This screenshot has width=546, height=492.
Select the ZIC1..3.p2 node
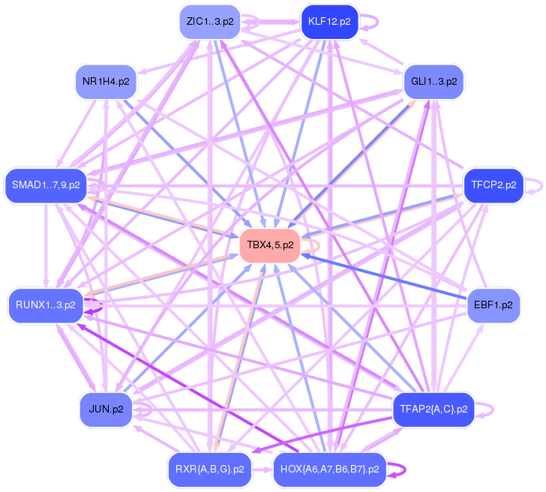click(x=209, y=21)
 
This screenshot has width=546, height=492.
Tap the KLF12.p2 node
click(x=329, y=21)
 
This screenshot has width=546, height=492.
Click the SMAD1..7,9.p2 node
click(x=46, y=184)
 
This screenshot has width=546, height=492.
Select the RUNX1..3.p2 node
click(x=45, y=305)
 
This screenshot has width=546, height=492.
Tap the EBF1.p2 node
click(x=493, y=305)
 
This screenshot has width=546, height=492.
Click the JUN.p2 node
click(x=106, y=409)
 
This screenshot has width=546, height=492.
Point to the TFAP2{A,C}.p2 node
click(x=433, y=409)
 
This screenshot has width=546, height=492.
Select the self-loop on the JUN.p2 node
click(x=149, y=409)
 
